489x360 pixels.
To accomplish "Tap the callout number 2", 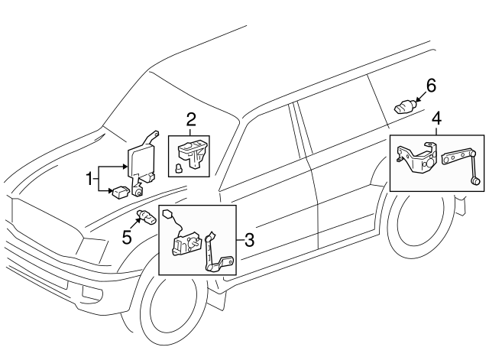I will (190, 118).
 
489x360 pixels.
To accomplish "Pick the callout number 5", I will (128, 238).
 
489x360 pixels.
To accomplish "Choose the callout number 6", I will (431, 86).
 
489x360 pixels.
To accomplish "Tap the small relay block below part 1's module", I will (121, 193).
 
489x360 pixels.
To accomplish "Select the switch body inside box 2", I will (193, 151).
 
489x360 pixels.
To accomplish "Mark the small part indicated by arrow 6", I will (404, 106).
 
